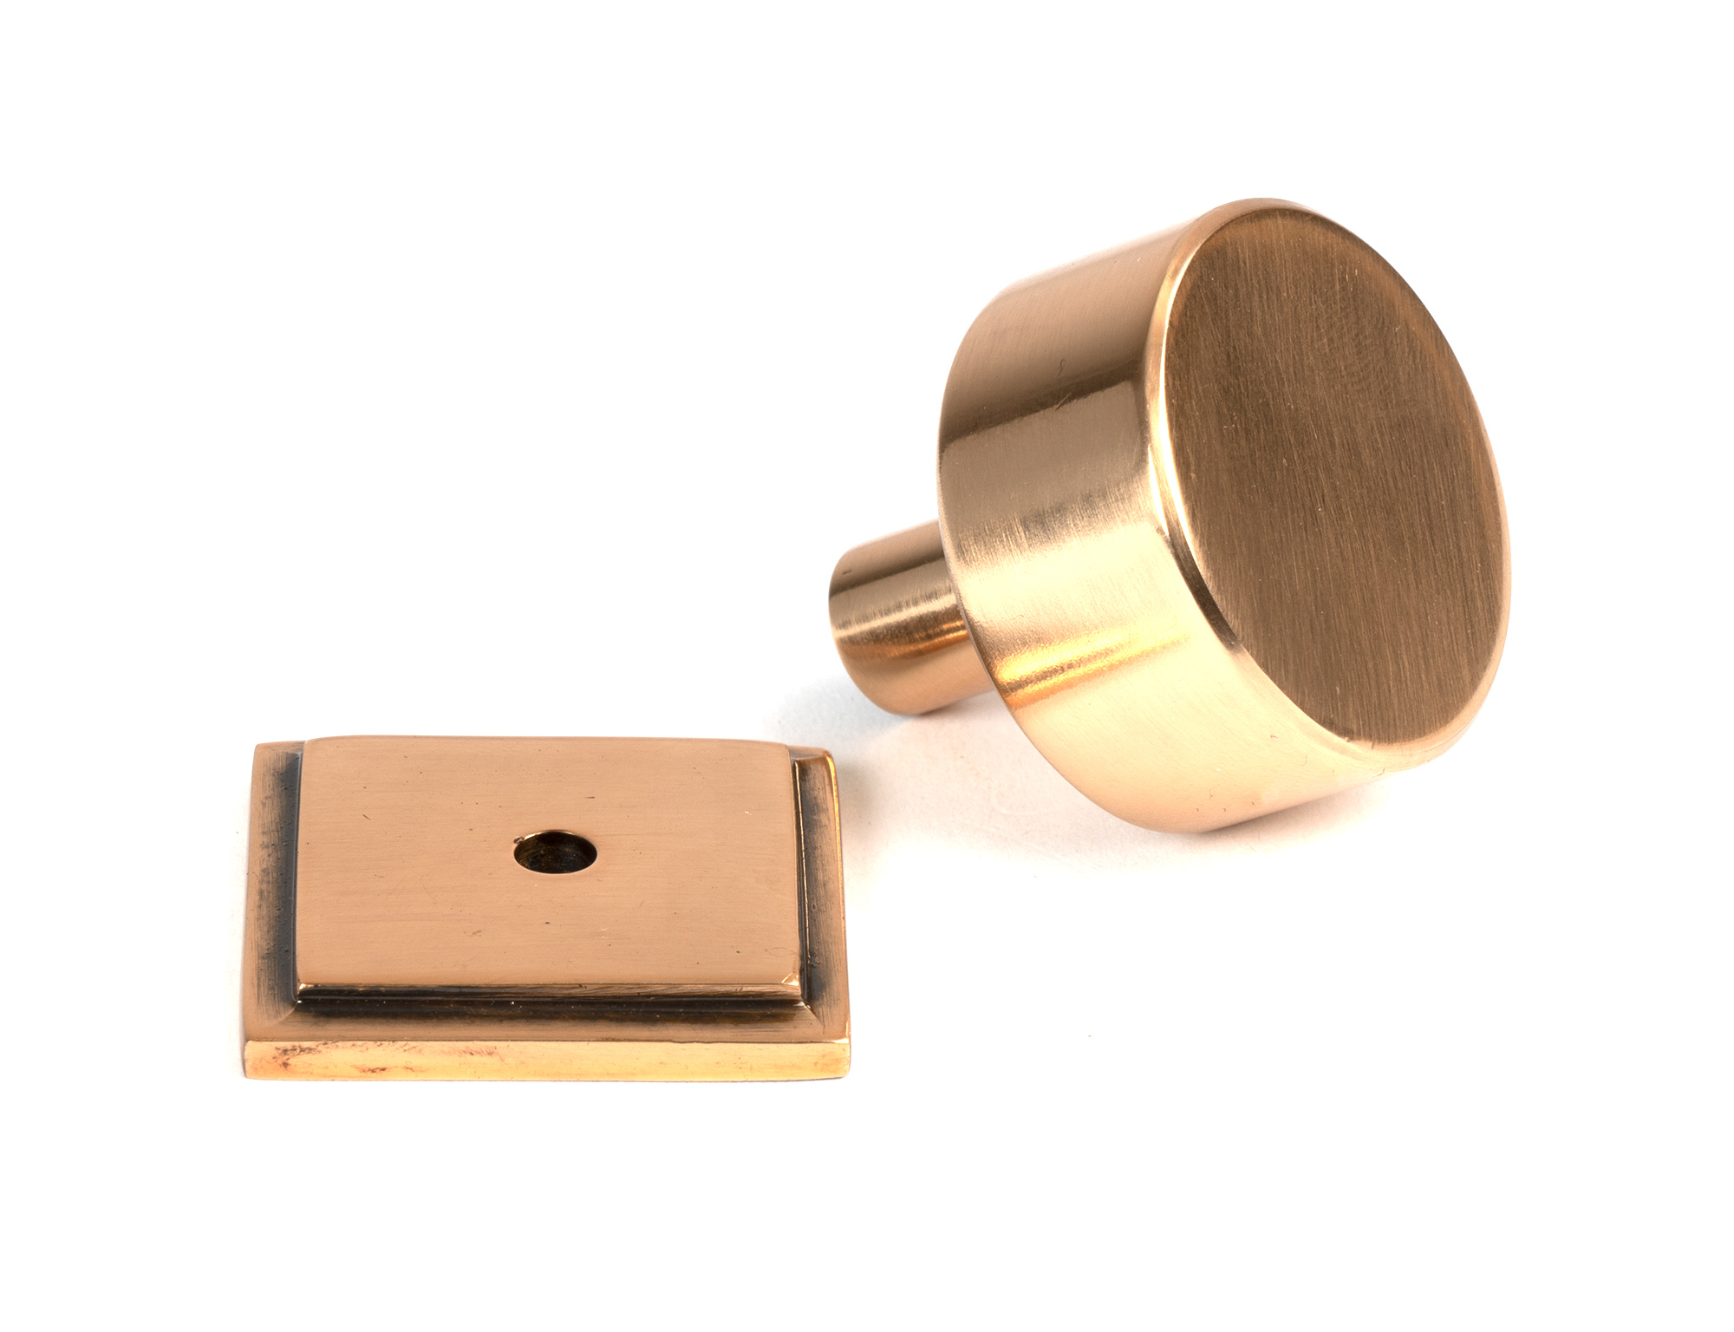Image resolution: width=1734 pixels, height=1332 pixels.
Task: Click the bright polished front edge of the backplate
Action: click(546, 1060)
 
